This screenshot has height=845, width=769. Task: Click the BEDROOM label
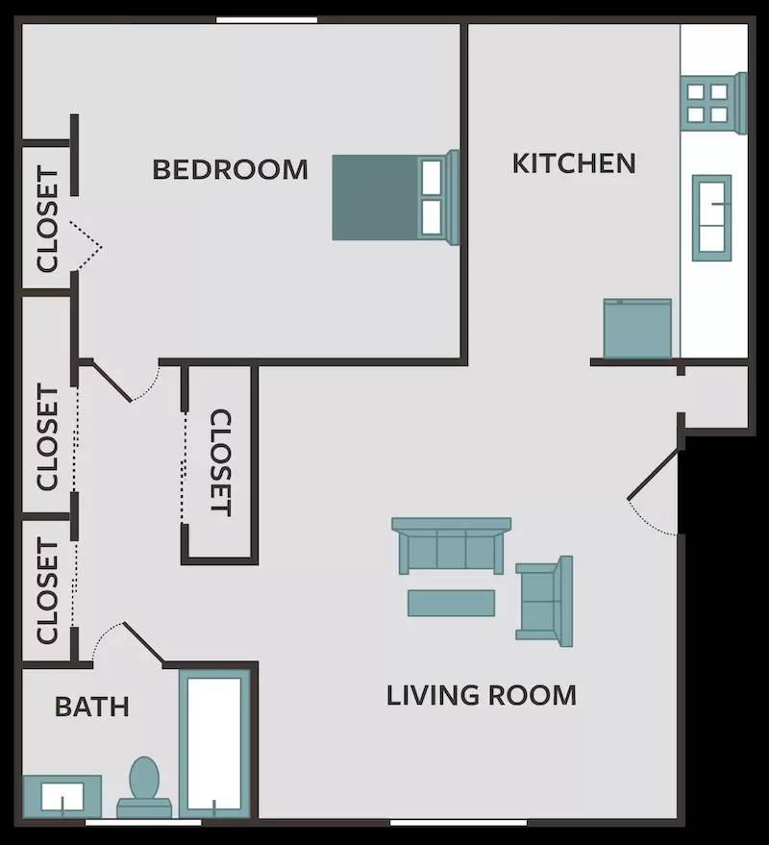click(x=231, y=170)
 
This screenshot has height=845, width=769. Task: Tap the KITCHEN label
click(x=573, y=163)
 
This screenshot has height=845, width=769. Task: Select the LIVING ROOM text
click(x=481, y=695)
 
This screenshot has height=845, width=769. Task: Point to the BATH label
click(x=91, y=708)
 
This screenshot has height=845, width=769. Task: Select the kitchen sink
click(x=712, y=214)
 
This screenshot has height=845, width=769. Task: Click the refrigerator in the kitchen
click(x=636, y=328)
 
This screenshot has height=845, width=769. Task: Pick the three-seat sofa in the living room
click(x=451, y=546)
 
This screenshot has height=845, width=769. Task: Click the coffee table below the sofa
click(x=451, y=603)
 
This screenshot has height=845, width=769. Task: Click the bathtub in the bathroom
click(x=214, y=743)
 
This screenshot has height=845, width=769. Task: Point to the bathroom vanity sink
click(x=62, y=796)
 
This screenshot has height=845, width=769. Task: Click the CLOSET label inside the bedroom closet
click(x=47, y=219)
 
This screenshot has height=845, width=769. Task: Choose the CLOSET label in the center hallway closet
click(x=220, y=462)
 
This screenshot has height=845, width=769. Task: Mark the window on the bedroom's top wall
click(x=266, y=19)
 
